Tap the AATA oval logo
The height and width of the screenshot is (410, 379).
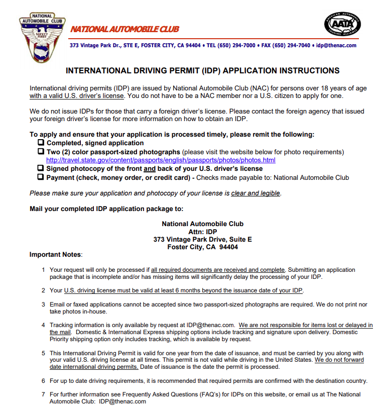coord(342,26)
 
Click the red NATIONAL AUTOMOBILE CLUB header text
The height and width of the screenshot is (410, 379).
coord(124,29)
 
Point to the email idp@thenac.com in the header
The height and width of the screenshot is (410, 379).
coord(336,45)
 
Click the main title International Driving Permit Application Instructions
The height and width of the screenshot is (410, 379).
coord(202,71)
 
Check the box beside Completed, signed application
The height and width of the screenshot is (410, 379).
coord(41,143)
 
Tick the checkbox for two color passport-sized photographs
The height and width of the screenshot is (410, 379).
coord(41,152)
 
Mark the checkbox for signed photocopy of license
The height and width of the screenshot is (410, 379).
coord(41,169)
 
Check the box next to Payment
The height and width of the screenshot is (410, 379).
coord(41,177)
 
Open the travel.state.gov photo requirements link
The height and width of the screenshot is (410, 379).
coord(161,160)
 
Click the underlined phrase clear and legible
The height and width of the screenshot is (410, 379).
coord(256,193)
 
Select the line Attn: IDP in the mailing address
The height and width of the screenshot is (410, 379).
coord(202,232)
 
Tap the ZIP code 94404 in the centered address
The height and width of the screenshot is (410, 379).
coord(228,247)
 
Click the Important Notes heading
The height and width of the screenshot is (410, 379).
coord(55,255)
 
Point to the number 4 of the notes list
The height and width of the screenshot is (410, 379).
coord(43,325)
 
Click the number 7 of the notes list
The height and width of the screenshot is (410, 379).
coord(43,394)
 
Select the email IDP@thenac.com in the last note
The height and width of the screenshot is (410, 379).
coord(122,401)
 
